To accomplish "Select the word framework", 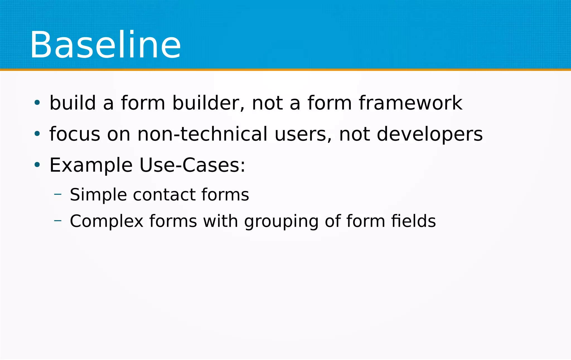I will [x=410, y=103].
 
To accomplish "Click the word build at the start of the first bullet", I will [x=73, y=103].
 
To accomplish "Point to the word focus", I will [x=75, y=134].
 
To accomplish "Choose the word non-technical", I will [x=202, y=134].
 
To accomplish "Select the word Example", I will [x=91, y=166].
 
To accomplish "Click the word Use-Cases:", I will [x=192, y=165].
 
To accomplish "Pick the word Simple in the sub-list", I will [x=98, y=195].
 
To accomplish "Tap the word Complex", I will [x=107, y=221].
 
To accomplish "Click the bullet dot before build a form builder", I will [x=37, y=103].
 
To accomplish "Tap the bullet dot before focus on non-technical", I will [x=37, y=134].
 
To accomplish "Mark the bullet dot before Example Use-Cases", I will [x=37, y=165].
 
